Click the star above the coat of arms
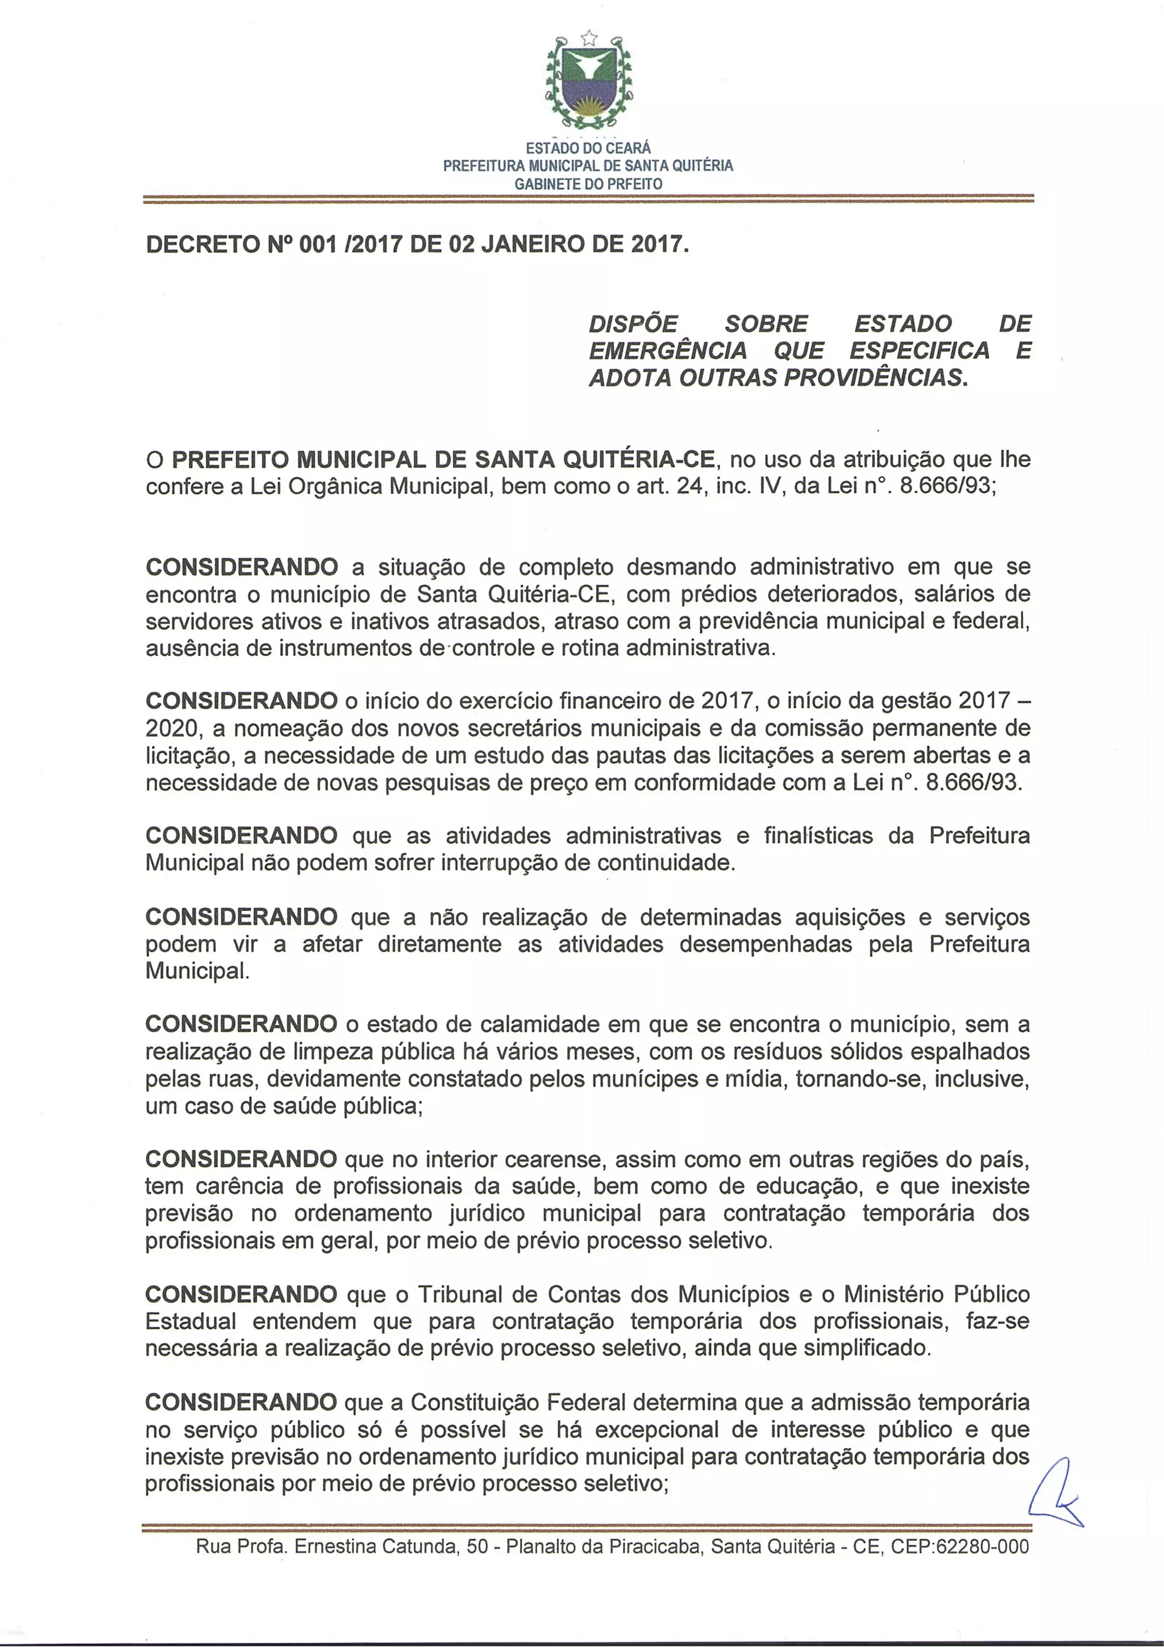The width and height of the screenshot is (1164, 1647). pyautogui.click(x=588, y=36)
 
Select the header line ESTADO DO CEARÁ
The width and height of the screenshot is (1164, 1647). pyautogui.click(x=588, y=148)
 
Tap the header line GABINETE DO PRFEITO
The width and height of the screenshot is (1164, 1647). pyautogui.click(x=588, y=184)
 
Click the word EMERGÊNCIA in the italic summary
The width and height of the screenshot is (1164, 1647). pyautogui.click(x=667, y=351)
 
